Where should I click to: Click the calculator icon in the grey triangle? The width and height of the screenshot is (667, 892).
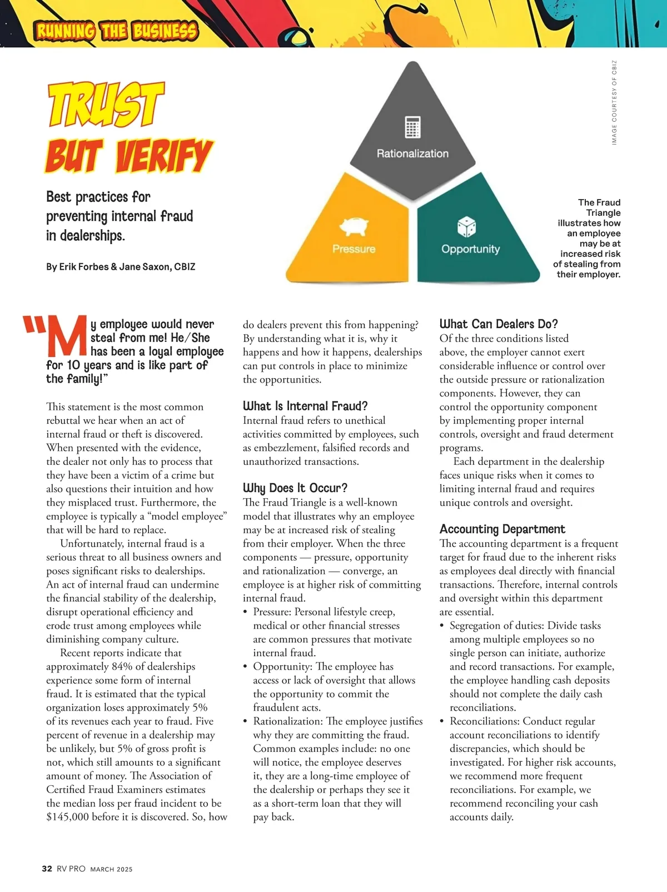(x=412, y=127)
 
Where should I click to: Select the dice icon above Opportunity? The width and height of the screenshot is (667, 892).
(x=466, y=226)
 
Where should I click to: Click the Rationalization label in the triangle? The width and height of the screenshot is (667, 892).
(x=412, y=153)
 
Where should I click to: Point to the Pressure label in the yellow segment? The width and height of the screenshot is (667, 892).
(x=354, y=249)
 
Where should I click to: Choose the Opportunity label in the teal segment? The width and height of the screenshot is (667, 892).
(x=470, y=249)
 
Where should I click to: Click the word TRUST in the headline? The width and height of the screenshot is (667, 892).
(x=106, y=104)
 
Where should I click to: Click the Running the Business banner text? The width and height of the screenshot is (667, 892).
(x=116, y=31)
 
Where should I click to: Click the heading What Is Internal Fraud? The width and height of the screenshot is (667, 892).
(x=305, y=406)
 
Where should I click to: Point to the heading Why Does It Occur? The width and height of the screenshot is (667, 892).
(x=295, y=488)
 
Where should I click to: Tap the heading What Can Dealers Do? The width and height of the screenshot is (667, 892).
(x=498, y=324)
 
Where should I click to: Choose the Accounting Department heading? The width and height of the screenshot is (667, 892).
(x=502, y=529)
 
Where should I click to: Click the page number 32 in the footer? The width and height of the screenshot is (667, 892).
(x=47, y=869)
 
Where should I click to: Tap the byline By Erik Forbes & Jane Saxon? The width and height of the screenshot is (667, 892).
(x=121, y=267)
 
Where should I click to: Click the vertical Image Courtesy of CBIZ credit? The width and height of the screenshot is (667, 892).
(x=614, y=102)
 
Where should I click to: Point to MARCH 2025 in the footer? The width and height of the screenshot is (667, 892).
(x=111, y=869)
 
